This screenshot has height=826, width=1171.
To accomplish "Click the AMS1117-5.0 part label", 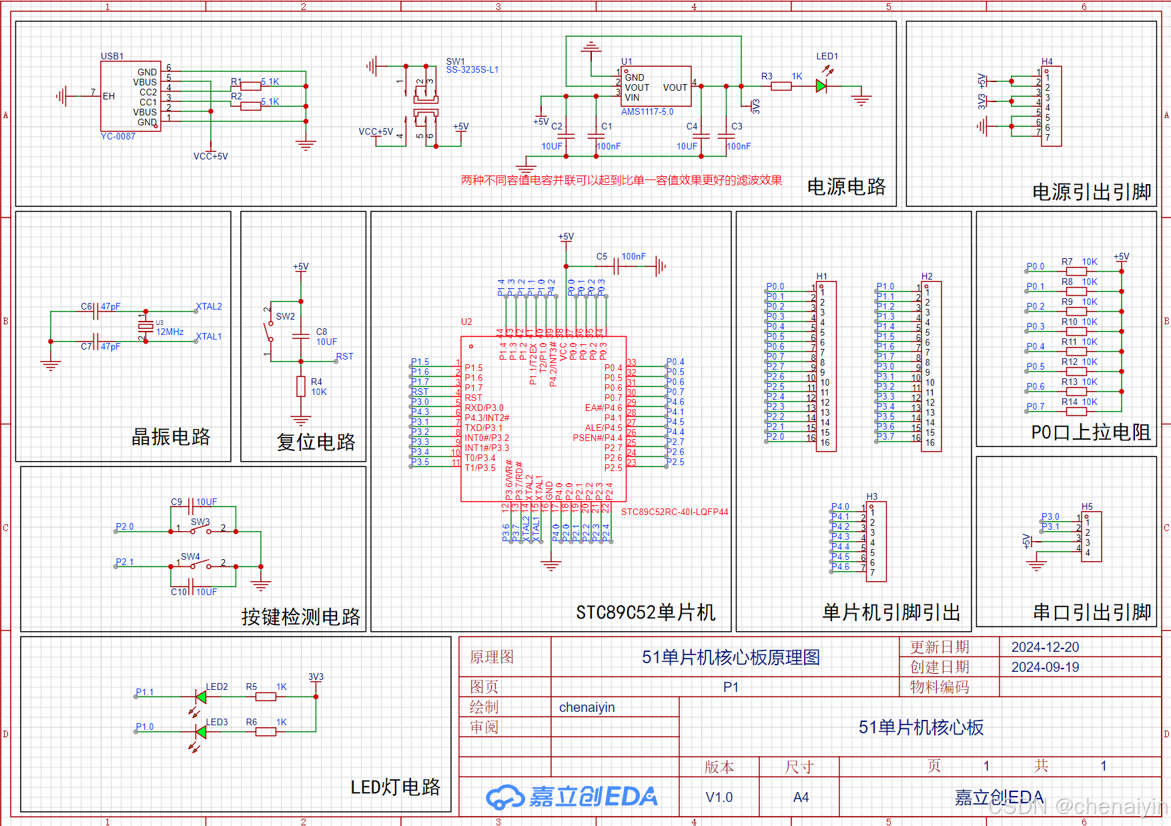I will pos(647,112).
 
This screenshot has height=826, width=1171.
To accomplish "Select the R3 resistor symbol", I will pos(781,86).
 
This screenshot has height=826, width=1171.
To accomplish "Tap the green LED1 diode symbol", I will pos(821,86).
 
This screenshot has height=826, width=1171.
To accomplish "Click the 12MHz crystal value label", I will pos(169,332).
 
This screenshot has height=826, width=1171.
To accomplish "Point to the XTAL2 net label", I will pos(209,307).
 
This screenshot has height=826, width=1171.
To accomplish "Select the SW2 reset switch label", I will pos(285,316).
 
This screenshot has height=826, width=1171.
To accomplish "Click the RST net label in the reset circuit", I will pos(344,356).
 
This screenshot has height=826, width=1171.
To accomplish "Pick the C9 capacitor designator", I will pos(176,502).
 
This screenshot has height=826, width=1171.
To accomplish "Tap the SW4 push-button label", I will pos(190,556).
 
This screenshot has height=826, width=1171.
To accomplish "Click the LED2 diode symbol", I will pos(200,697).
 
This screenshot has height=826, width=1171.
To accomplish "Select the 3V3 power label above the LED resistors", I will pos(316,677).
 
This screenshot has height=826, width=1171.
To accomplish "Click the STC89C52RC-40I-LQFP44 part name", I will pos(675,512).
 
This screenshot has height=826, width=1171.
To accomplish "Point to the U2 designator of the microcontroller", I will pos(466,322).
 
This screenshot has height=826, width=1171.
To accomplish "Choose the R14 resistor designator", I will pos(1070,402).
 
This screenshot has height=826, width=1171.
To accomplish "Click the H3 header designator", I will pos(872,496).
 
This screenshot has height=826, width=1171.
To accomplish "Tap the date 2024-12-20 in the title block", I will pos(1045,647).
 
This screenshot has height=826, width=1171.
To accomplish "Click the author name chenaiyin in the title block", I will pos(587,707).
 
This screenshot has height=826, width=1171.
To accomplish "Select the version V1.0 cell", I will pos(719,797).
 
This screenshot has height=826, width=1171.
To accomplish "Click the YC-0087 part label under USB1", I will pos(118,136).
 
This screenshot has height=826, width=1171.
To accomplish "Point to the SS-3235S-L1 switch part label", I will pos(472,69).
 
